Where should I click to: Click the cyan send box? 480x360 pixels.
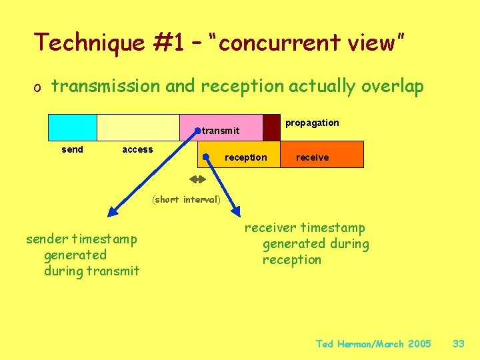pyautogui.click(x=73, y=127)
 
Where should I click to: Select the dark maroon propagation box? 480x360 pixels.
pyautogui.click(x=271, y=127)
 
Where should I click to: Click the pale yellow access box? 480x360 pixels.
pyautogui.click(x=138, y=127)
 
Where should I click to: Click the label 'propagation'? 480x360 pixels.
pyautogui.click(x=312, y=123)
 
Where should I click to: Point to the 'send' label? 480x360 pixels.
pyautogui.click(x=72, y=149)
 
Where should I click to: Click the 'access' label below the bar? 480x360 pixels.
pyautogui.click(x=137, y=149)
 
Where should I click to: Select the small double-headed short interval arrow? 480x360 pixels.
pyautogui.click(x=197, y=179)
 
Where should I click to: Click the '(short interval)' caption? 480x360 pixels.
pyautogui.click(x=186, y=199)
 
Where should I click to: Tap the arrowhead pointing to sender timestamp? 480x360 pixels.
pyautogui.click(x=112, y=212)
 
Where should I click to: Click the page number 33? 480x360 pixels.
pyautogui.click(x=458, y=344)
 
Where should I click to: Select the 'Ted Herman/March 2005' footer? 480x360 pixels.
pyautogui.click(x=373, y=344)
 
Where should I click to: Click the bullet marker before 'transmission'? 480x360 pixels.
pyautogui.click(x=39, y=87)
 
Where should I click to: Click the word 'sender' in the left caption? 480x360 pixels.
pyautogui.click(x=47, y=239)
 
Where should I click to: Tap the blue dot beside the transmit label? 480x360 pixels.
pyautogui.click(x=197, y=131)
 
